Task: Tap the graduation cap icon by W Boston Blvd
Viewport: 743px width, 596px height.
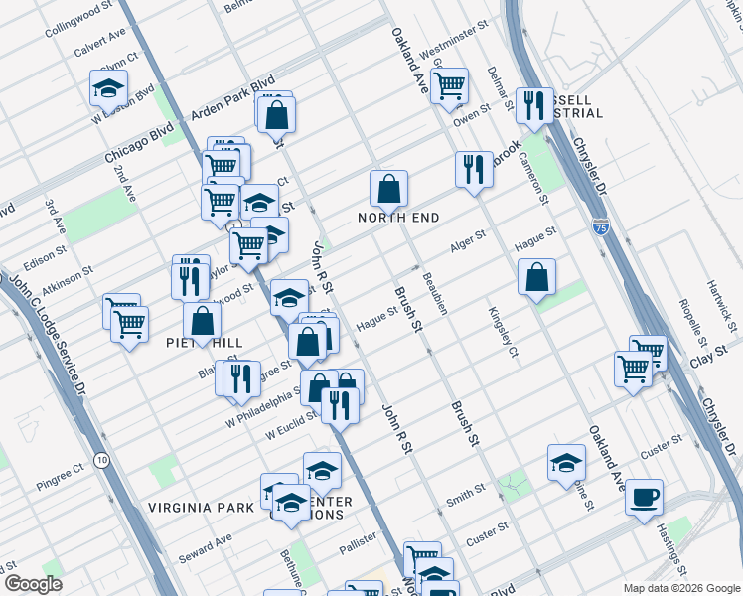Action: pos(108,88)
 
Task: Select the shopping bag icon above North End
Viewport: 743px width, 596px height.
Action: pos(389,188)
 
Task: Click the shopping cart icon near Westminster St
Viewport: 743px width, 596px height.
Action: pos(449,86)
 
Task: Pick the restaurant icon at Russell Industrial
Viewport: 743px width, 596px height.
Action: pos(534,106)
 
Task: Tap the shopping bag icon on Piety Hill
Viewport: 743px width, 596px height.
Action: pos(202,321)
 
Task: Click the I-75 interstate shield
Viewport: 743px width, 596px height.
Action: pos(600,226)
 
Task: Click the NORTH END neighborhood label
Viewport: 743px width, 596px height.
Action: pos(399,218)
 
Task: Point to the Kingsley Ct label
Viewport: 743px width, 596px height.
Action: pos(504,331)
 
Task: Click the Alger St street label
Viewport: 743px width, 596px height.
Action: pos(467,240)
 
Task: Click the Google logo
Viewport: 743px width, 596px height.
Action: pos(33,584)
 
